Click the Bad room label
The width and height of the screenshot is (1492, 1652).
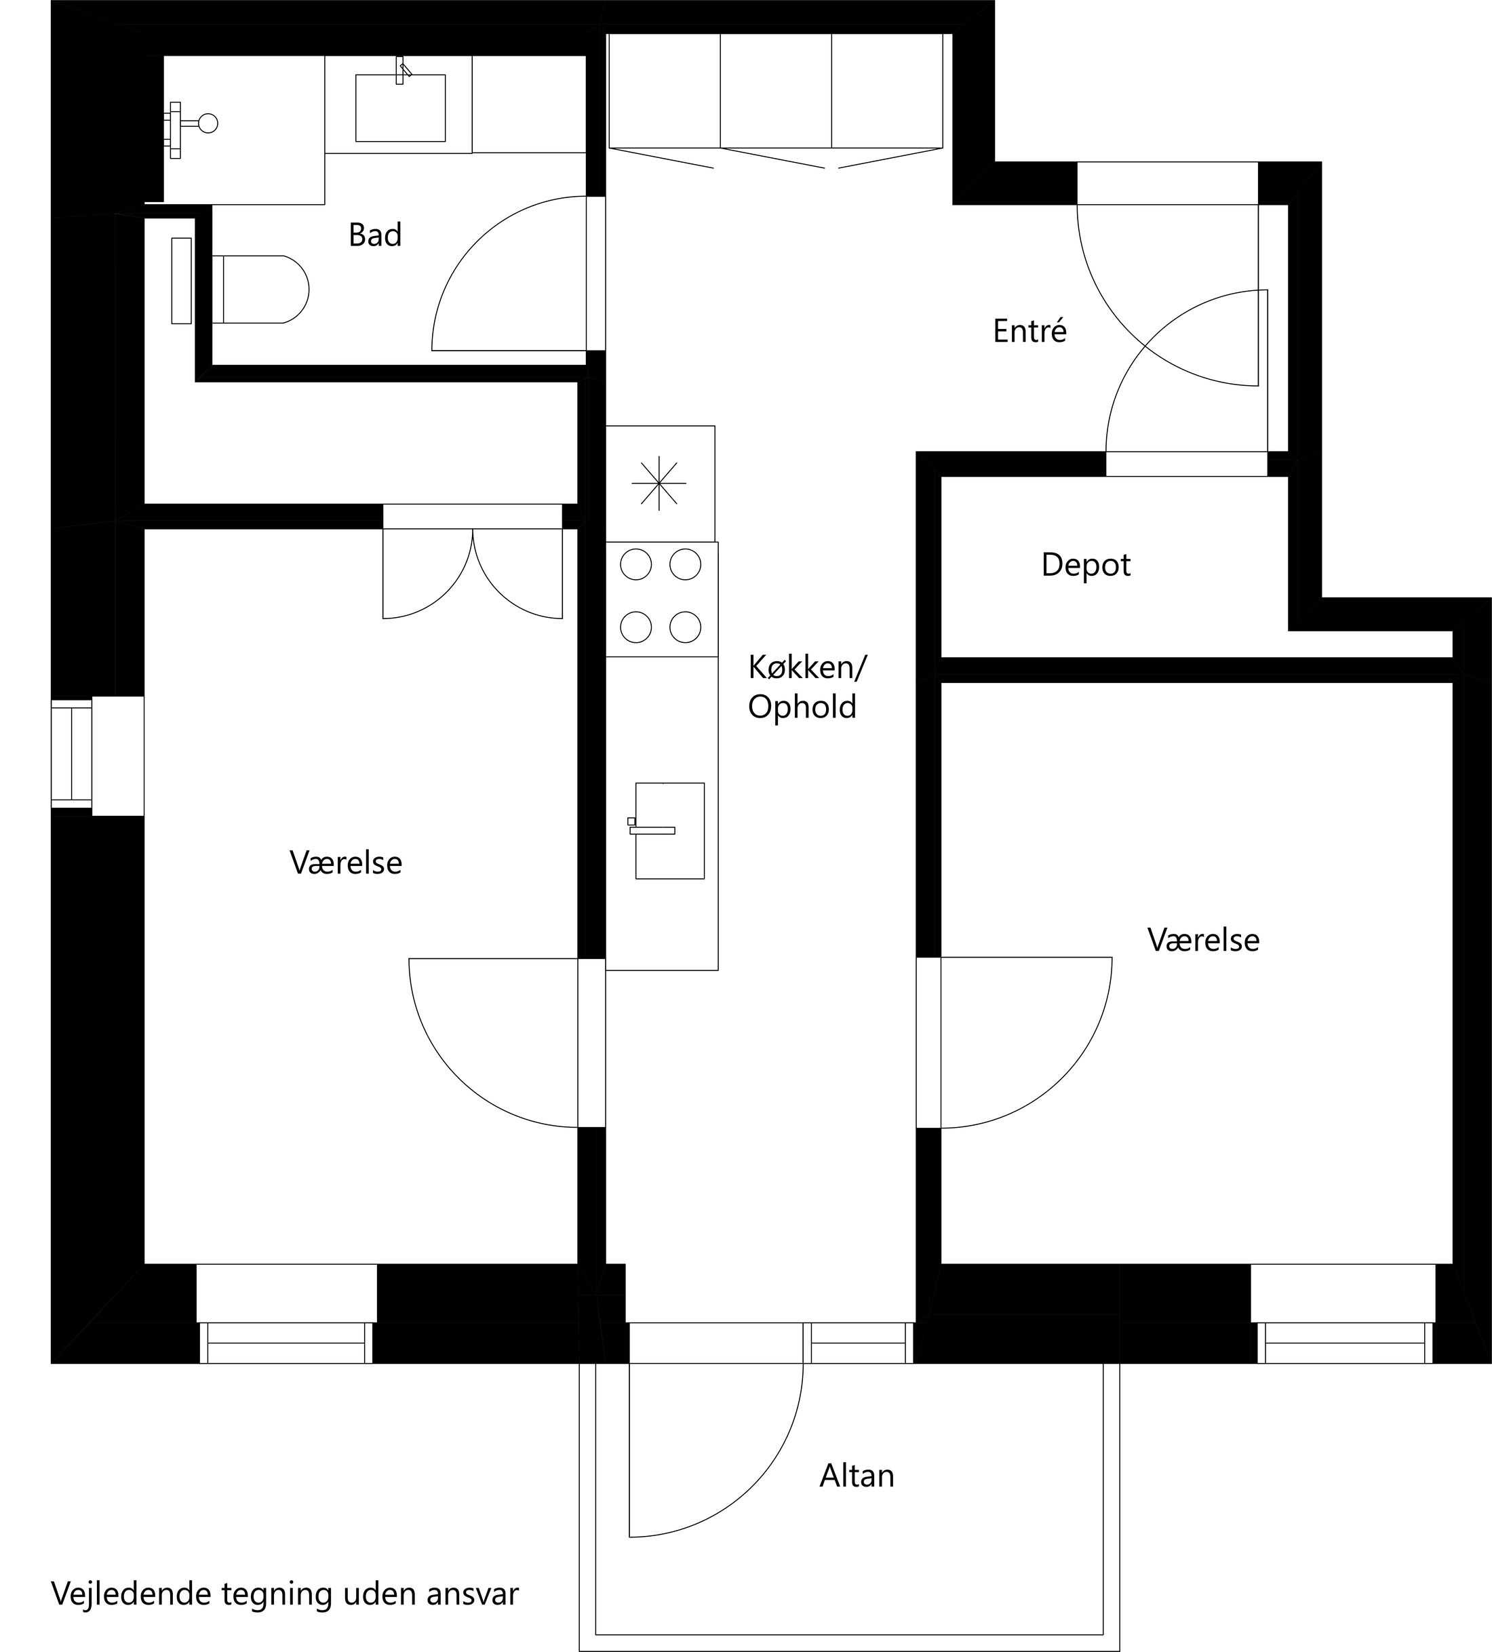(x=374, y=235)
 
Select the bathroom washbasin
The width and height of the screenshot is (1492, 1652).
(x=400, y=107)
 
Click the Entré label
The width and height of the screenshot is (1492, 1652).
(x=1029, y=331)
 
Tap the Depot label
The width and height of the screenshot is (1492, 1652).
(x=1085, y=566)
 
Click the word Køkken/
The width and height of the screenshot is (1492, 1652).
(x=806, y=668)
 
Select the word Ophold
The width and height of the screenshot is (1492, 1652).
(x=802, y=707)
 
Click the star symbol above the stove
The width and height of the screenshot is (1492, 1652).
(x=659, y=484)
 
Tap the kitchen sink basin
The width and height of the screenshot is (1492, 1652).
(x=669, y=830)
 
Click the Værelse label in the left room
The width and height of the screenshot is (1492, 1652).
(x=346, y=863)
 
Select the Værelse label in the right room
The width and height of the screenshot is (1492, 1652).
(x=1203, y=940)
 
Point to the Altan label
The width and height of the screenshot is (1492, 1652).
(x=856, y=1476)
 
